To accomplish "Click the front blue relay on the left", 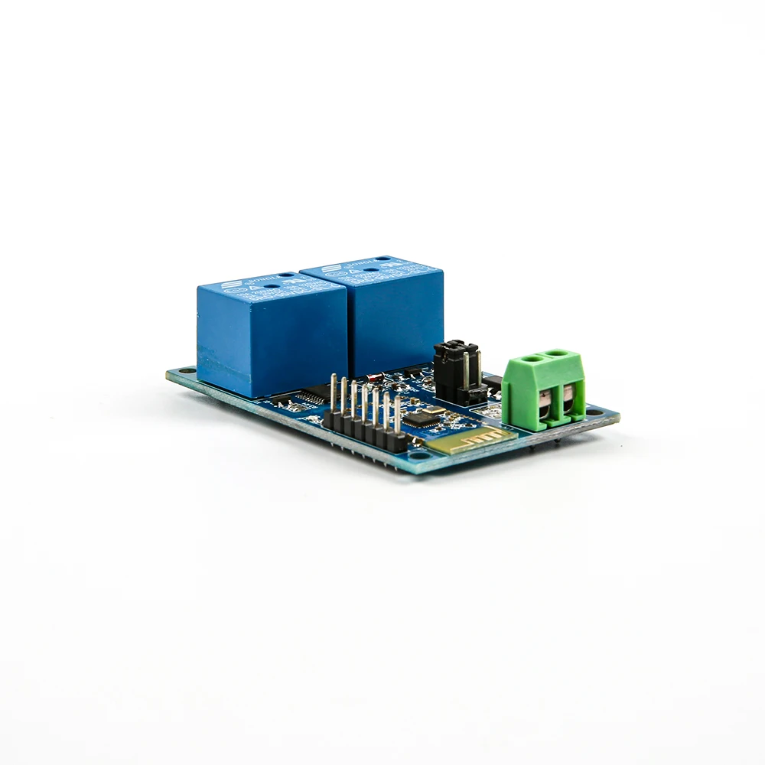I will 272,337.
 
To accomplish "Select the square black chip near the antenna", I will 418,418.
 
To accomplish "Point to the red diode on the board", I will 375,376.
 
